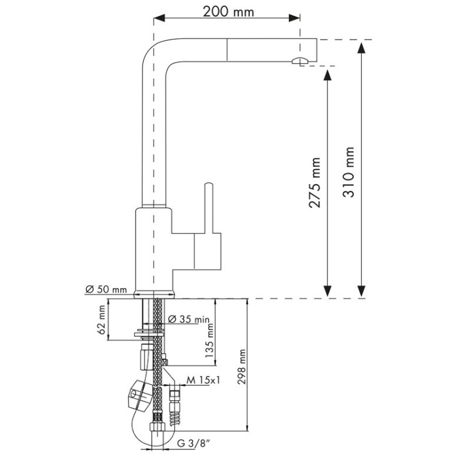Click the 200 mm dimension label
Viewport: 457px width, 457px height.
coord(228,12)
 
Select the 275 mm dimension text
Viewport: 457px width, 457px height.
coord(314,183)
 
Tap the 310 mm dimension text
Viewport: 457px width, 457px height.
coord(348,172)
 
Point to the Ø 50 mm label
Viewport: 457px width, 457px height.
coord(106,290)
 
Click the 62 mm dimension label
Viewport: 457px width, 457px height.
coord(102,320)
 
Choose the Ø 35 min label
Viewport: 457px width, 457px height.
coord(189,319)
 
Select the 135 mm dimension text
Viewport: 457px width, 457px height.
coord(209,341)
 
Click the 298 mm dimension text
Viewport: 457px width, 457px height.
coord(242,367)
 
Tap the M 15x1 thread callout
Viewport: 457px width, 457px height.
coord(203,380)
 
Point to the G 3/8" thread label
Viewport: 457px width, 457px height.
coord(194,444)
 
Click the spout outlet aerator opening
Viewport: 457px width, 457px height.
coord(299,61)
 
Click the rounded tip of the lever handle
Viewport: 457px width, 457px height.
coord(208,185)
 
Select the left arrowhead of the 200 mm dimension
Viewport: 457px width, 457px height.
coord(159,18)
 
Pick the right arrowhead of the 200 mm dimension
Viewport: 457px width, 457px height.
coord(294,18)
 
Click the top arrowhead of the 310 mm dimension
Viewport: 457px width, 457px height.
coord(361,48)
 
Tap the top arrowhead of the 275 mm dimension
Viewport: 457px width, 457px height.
coord(328,75)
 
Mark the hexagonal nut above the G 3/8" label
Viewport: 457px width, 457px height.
coord(157,427)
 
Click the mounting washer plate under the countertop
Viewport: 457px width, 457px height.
coord(150,333)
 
